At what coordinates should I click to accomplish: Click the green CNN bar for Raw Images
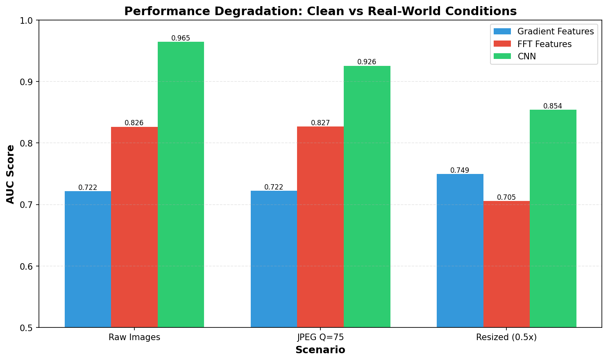click(181, 184)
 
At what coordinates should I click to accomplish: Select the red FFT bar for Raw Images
click(134, 227)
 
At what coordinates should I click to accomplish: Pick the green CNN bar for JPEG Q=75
click(367, 196)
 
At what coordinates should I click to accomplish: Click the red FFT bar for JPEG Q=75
click(320, 227)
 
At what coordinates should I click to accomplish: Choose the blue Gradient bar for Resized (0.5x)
click(460, 250)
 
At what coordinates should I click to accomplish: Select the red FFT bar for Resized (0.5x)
click(506, 264)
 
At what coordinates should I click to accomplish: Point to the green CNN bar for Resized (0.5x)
click(553, 219)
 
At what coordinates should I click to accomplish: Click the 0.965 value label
click(181, 38)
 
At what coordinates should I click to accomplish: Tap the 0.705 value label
click(506, 197)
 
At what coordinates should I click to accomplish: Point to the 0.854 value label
click(553, 106)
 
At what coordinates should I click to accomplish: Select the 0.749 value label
click(460, 170)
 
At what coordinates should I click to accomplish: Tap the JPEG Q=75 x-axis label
click(320, 338)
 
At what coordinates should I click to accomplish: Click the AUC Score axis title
click(11, 174)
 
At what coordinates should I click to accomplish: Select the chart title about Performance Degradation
click(320, 11)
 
